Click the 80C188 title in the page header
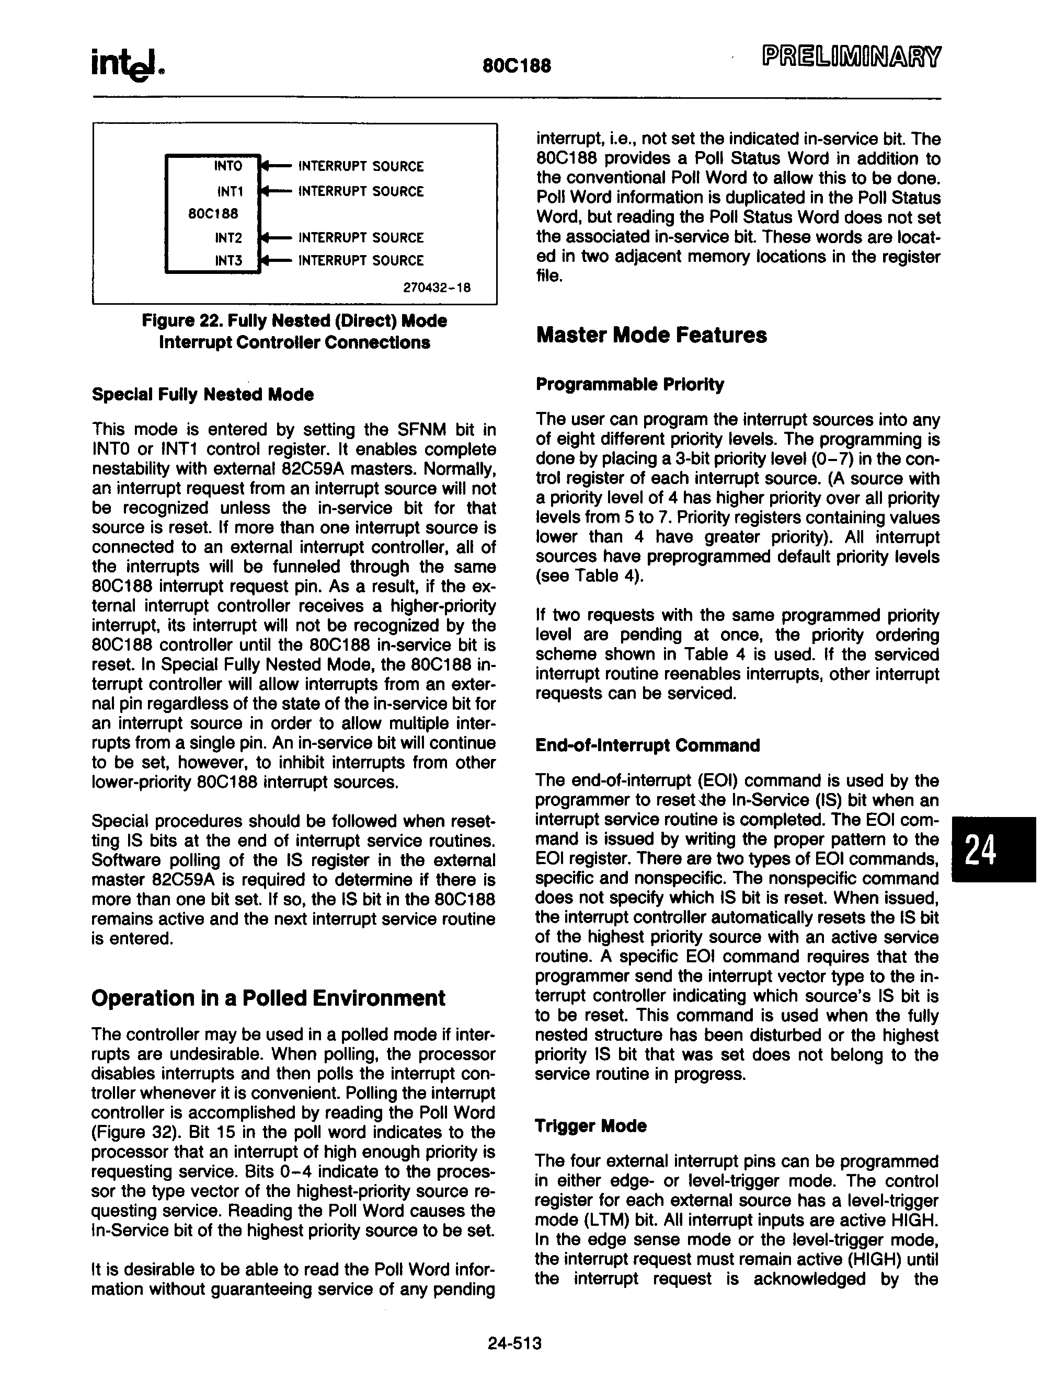coord(517,65)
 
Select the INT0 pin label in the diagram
coord(228,166)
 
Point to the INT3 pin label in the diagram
coord(228,260)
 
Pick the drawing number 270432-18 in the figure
coord(437,288)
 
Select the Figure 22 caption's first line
coord(294,321)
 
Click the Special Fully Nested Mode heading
coord(203,395)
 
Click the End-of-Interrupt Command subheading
coord(647,746)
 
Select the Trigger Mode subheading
coord(590,1126)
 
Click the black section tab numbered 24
coord(994,850)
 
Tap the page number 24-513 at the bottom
coord(514,1343)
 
